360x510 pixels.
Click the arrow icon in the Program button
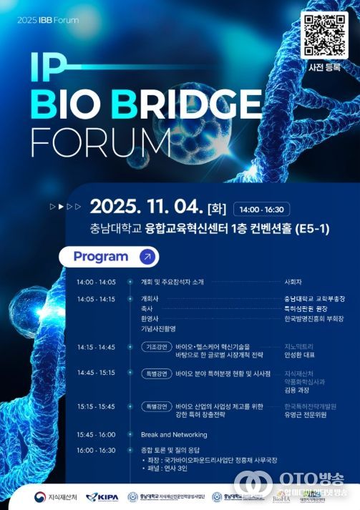point(146,256)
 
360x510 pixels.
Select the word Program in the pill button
point(101,256)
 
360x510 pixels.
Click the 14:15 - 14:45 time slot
point(96,347)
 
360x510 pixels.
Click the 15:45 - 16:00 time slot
point(96,434)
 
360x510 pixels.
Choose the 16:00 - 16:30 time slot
point(96,450)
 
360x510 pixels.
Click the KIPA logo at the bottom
point(102,497)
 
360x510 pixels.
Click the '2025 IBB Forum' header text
point(47,19)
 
